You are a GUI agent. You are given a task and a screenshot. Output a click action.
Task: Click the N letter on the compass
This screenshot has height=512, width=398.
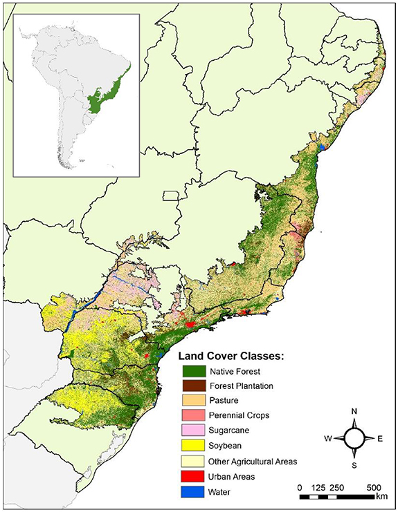[354, 413]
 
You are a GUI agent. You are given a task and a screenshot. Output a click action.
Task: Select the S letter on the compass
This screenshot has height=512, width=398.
[354, 464]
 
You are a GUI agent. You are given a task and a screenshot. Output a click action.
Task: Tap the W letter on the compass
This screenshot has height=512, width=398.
[328, 439]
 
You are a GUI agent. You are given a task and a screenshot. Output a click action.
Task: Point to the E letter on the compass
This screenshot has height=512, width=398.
[379, 439]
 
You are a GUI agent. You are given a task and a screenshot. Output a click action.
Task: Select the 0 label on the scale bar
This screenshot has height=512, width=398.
[300, 487]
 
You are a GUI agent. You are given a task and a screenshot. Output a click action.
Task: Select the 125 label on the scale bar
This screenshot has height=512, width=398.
[318, 487]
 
